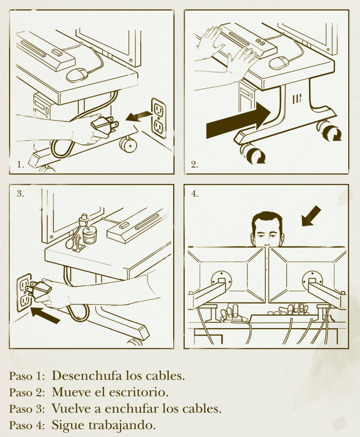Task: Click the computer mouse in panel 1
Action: (x=77, y=75)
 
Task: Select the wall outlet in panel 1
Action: (x=159, y=118)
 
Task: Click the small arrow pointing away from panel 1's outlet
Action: (x=139, y=116)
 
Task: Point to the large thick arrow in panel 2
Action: (x=239, y=120)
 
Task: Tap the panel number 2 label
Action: (x=194, y=164)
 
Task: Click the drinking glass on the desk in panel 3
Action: (x=90, y=236)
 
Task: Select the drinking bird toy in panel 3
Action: (x=78, y=233)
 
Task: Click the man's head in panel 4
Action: (x=267, y=229)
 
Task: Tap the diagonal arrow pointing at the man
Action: (x=311, y=216)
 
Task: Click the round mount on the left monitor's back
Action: (x=221, y=281)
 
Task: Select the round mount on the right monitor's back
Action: (x=312, y=281)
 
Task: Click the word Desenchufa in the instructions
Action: (x=87, y=376)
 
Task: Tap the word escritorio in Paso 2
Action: (x=139, y=393)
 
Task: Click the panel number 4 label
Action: (x=194, y=193)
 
